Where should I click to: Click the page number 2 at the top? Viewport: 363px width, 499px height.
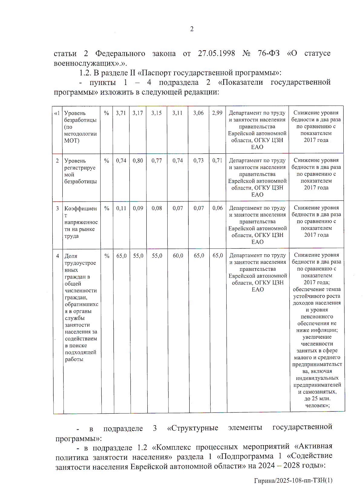[192, 29]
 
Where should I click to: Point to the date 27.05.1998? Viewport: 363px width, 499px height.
[216, 53]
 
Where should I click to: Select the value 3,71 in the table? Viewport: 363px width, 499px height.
[121, 113]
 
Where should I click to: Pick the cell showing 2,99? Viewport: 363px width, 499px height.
[217, 113]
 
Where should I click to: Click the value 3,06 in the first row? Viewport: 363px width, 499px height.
[198, 113]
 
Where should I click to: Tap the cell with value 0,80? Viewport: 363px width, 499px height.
[138, 161]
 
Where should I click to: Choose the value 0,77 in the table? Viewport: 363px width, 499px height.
[157, 161]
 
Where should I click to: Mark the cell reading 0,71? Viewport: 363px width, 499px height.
[217, 161]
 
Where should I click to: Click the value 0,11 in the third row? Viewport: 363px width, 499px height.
[121, 208]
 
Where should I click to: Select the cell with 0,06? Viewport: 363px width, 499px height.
[217, 208]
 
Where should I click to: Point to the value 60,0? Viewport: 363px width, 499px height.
[178, 256]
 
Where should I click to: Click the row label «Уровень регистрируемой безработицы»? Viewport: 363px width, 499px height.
[80, 171]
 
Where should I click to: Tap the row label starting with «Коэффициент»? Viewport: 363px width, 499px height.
[81, 222]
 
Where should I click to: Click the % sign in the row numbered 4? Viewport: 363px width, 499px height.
[107, 256]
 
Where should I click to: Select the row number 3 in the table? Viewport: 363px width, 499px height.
[57, 208]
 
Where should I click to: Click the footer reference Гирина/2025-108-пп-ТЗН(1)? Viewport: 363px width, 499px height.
[293, 480]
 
